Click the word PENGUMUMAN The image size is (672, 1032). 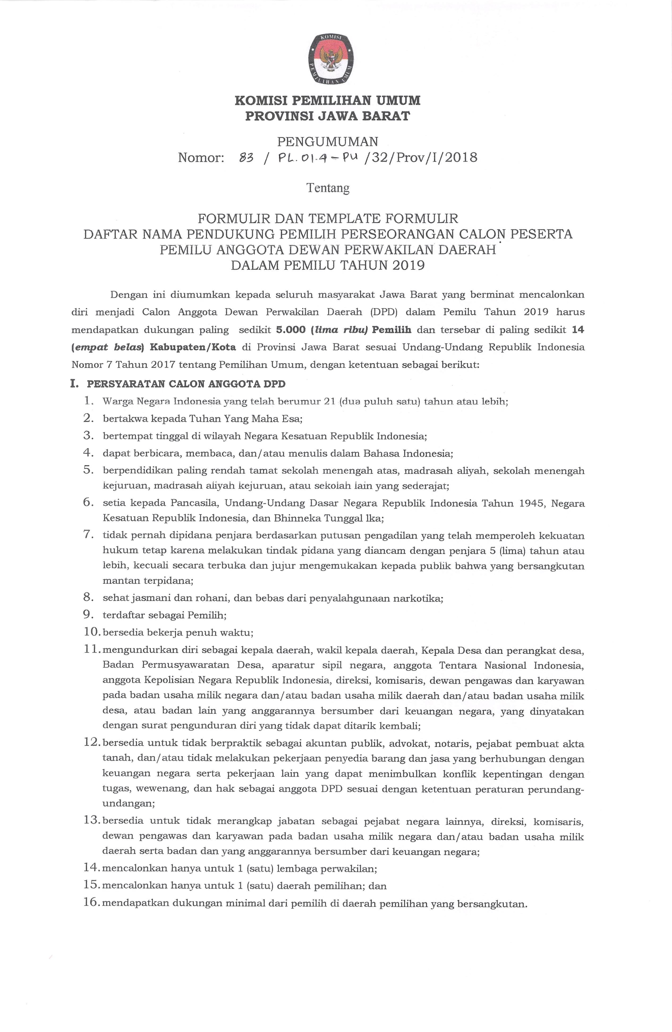click(328, 141)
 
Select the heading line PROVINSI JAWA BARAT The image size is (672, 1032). click(328, 116)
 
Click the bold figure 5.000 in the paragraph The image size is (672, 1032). click(291, 330)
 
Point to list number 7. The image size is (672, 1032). click(88, 535)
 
